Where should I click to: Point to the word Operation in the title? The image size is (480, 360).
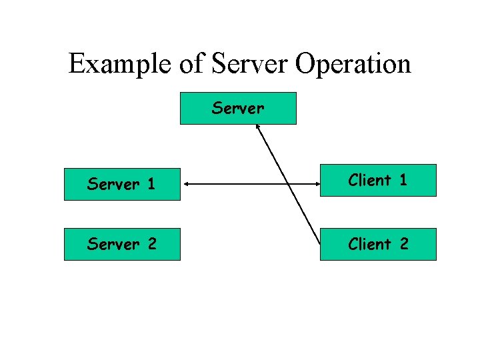[x=353, y=65]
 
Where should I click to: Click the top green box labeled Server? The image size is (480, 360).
[x=238, y=108]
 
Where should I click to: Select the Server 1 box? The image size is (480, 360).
[x=122, y=185]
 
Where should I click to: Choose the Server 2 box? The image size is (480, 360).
[x=122, y=244]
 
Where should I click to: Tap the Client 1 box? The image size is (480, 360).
[x=378, y=180]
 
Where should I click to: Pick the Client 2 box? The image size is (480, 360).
[x=378, y=244]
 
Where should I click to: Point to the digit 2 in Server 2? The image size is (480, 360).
[x=151, y=244]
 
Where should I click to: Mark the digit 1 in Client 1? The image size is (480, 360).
[x=403, y=180]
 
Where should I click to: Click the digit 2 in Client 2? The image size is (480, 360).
[x=403, y=244]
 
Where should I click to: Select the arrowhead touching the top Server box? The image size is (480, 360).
[x=259, y=130]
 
